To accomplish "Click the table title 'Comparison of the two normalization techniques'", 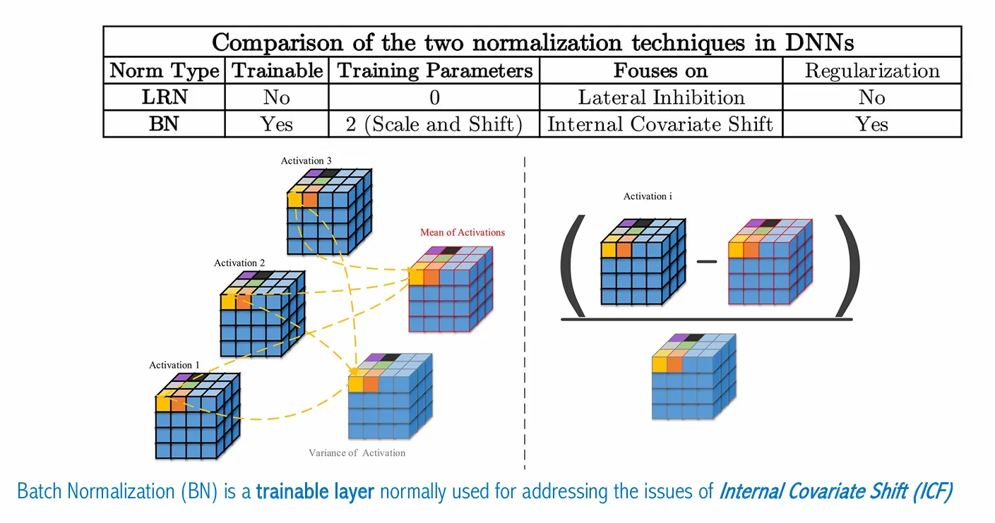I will pyautogui.click(x=532, y=42).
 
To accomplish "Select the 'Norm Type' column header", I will pyautogui.click(x=165, y=71).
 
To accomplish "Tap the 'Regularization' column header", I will pyautogui.click(x=871, y=71).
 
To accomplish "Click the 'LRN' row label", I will pyautogui.click(x=165, y=97).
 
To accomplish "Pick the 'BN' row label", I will pyautogui.click(x=165, y=124).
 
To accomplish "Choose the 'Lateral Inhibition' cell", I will pyautogui.click(x=661, y=97).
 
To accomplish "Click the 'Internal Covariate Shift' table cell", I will pyautogui.click(x=661, y=124).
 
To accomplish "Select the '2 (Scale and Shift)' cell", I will pyautogui.click(x=434, y=124).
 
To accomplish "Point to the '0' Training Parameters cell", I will pyautogui.click(x=434, y=97).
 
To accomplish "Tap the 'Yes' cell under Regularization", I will pyautogui.click(x=871, y=124).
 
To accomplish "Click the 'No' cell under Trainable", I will pyautogui.click(x=276, y=97).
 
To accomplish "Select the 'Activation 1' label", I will pyautogui.click(x=174, y=365).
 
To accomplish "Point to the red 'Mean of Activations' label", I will pyautogui.click(x=463, y=232).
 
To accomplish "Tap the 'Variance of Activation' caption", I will pyautogui.click(x=357, y=452).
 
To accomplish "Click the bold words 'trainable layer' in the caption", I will pyautogui.click(x=315, y=491).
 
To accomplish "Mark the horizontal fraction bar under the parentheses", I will pyautogui.click(x=706, y=320).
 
